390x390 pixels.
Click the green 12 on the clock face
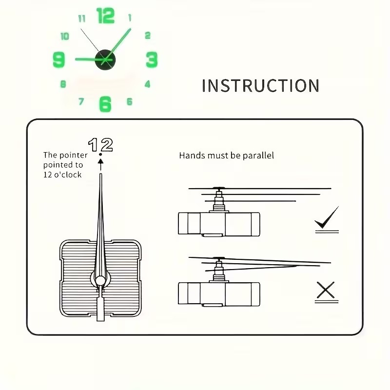pos(105,16)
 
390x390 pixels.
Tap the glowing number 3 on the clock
pos(152,59)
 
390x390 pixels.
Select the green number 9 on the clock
pos(59,59)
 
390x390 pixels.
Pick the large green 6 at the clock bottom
pos(105,104)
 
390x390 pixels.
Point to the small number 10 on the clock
pos(65,36)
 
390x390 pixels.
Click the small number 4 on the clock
pos(148,84)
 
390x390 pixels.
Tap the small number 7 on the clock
pos(81,101)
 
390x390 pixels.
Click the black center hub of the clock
pos(105,59)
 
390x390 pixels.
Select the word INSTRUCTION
pos(260,86)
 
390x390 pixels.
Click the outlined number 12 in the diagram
pos(100,145)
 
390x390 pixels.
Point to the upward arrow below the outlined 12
pos(100,165)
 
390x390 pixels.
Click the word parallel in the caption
pos(258,156)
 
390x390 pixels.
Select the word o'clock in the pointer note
pos(68,175)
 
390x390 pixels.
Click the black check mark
pos(327,217)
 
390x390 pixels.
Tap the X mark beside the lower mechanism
pos(326,290)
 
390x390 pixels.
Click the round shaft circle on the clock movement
pos(100,281)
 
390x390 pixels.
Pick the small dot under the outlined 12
pos(100,155)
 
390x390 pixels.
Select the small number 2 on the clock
pos(148,35)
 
